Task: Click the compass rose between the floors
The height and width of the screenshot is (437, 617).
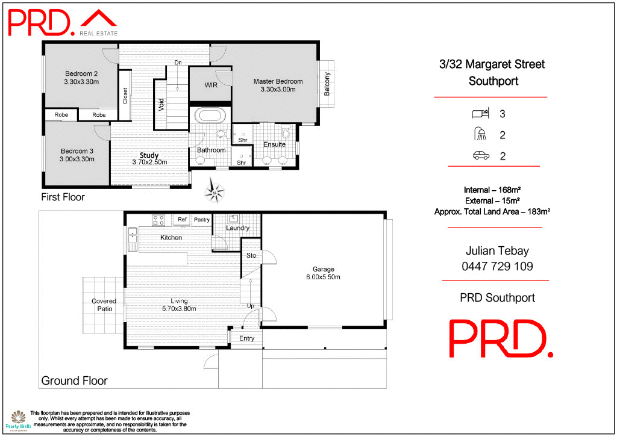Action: [215, 192]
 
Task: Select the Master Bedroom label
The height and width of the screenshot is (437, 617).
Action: [278, 81]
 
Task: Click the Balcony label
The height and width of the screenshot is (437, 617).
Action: [327, 84]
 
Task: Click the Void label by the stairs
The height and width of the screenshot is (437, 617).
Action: [161, 104]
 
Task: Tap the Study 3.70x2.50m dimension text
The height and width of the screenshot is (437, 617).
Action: [149, 162]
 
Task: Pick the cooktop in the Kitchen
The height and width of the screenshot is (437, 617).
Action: [158, 220]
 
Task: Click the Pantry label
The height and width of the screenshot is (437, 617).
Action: [202, 220]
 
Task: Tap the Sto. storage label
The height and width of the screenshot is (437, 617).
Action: [252, 256]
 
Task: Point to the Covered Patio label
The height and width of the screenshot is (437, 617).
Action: [102, 305]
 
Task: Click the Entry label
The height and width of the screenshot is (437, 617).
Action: [246, 338]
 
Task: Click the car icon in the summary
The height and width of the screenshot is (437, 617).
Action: [480, 156]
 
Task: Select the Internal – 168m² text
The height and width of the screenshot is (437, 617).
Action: [493, 190]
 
